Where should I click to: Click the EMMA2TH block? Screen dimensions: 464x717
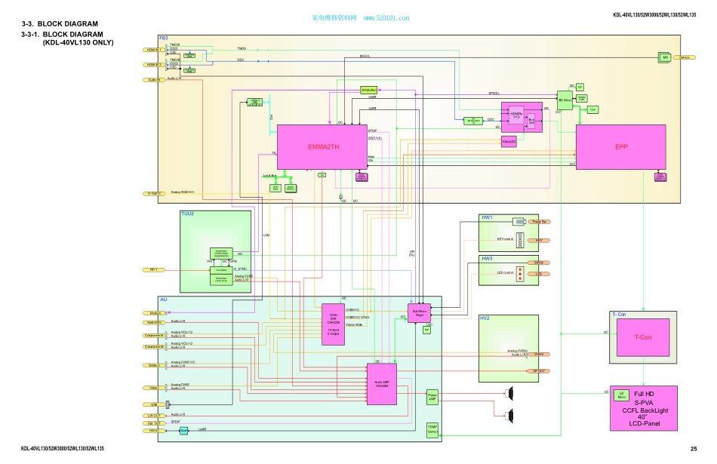tap(322, 147)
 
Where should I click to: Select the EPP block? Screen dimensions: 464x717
tap(621, 146)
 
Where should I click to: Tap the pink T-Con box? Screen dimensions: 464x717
tap(643, 337)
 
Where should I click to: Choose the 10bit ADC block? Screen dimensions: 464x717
tap(509, 141)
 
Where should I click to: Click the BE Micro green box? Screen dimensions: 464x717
tap(564, 100)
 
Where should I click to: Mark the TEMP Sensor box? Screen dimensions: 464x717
tap(432, 430)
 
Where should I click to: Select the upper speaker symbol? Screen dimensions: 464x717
tap(512, 392)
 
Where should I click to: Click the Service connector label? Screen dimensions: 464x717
tap(687, 57)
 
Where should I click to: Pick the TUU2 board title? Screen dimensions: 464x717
tap(188, 214)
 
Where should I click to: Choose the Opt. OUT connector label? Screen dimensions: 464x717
tap(152, 423)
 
